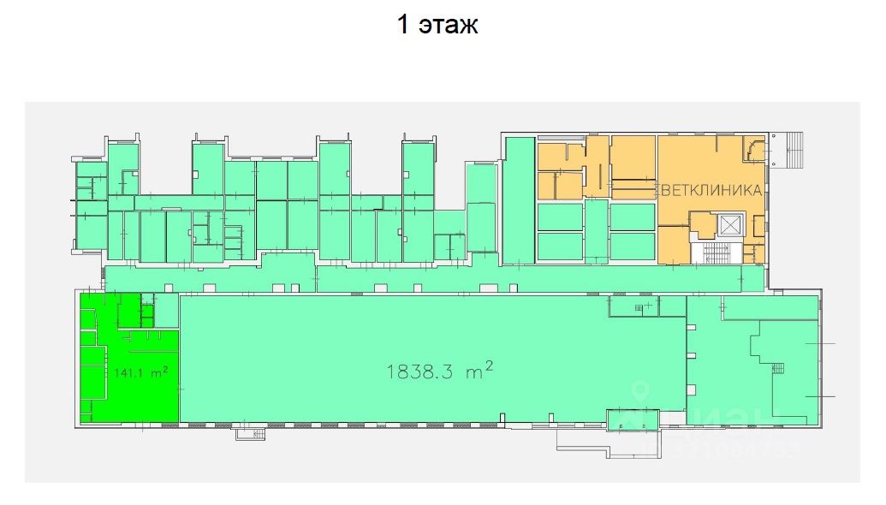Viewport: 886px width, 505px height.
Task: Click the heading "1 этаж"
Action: [437, 25]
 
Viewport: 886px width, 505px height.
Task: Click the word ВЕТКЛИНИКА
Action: [709, 191]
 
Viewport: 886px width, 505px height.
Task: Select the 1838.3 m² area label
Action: [440, 371]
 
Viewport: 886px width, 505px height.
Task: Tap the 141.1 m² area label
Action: [140, 372]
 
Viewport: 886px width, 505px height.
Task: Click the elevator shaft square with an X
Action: [730, 225]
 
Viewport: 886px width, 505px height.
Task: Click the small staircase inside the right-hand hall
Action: [778, 368]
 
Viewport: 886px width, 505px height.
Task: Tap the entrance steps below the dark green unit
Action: [252, 434]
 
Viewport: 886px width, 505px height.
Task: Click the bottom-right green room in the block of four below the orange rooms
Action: [632, 246]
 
